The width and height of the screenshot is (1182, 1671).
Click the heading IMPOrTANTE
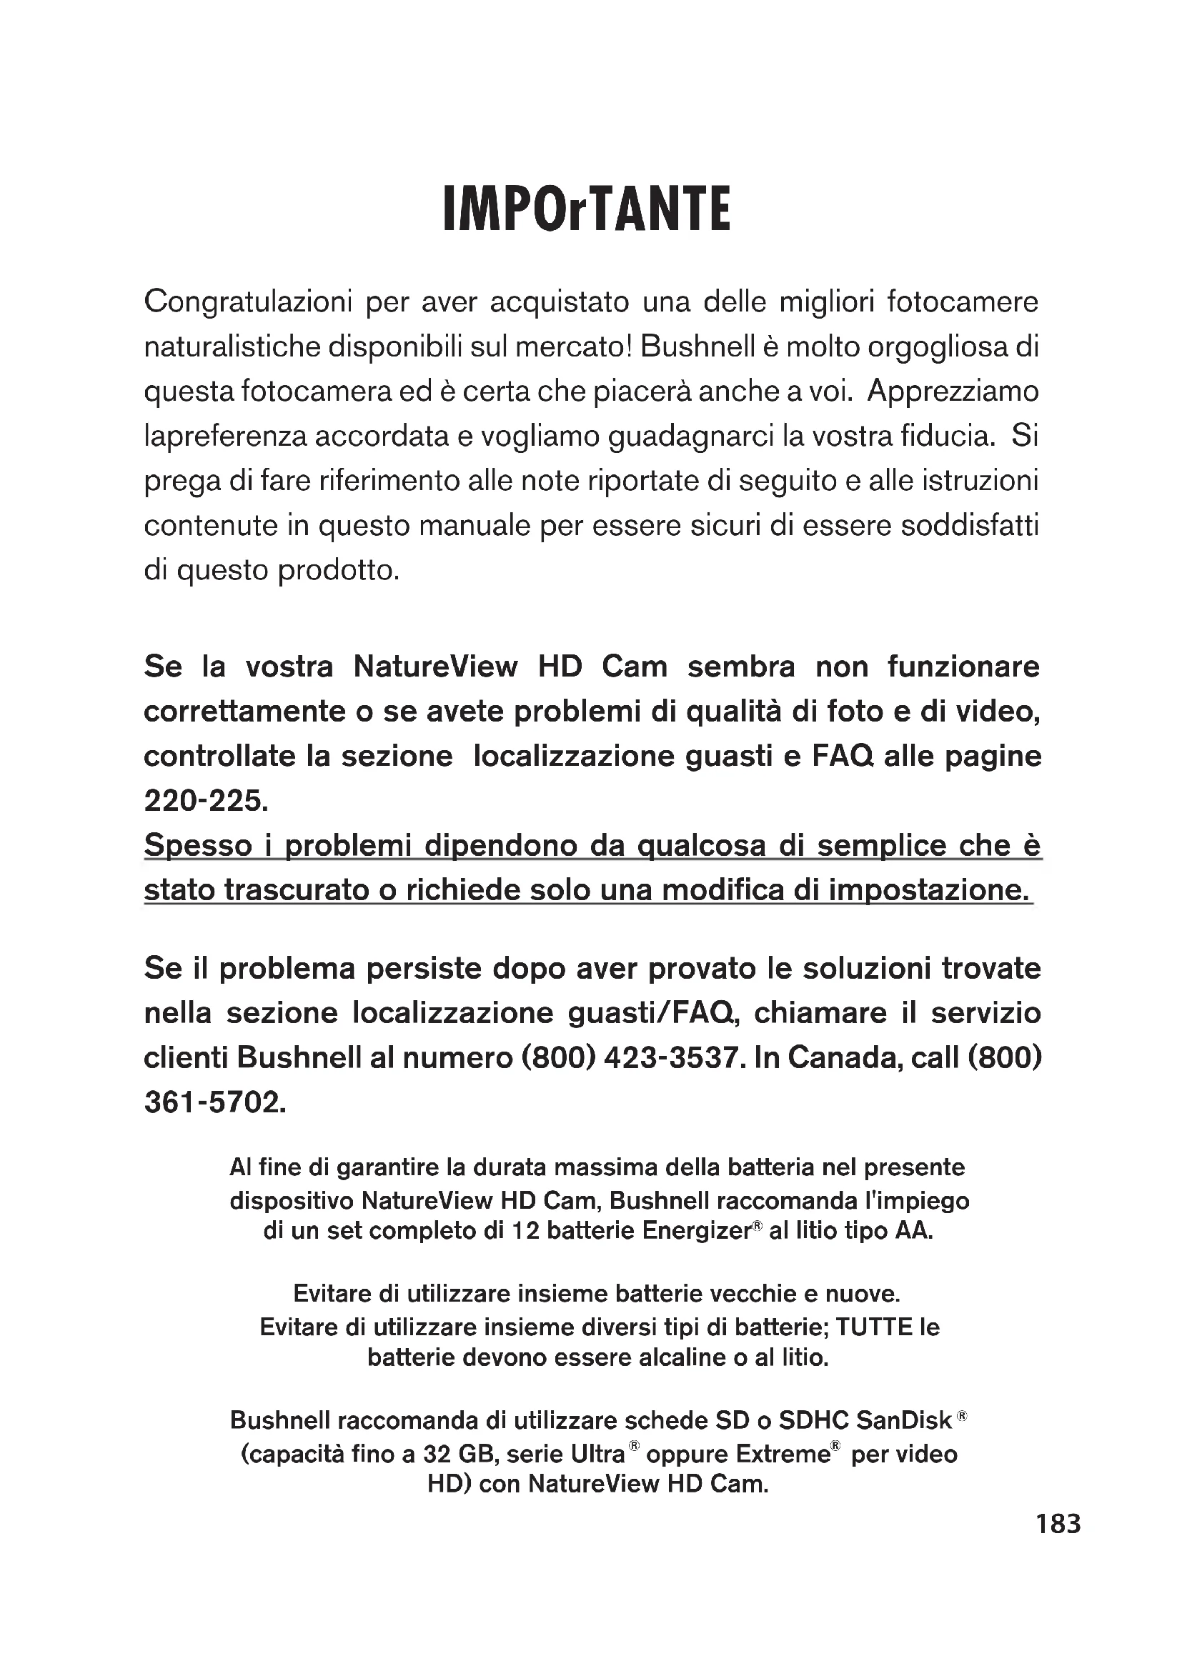click(587, 209)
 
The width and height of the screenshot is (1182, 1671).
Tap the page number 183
click(1058, 1523)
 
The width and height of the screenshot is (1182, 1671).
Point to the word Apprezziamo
click(953, 391)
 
